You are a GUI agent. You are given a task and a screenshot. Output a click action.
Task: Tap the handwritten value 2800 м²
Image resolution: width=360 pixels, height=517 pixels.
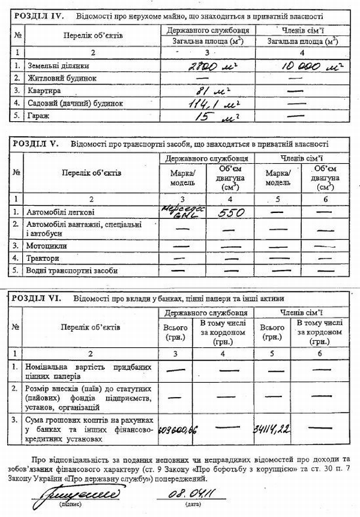(x=204, y=66)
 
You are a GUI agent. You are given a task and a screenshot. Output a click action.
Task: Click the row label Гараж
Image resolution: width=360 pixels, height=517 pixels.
(x=36, y=115)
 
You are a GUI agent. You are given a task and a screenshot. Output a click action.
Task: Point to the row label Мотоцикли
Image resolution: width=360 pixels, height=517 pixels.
(x=47, y=246)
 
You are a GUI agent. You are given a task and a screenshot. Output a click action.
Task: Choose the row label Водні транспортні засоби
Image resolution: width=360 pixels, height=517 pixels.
(x=72, y=270)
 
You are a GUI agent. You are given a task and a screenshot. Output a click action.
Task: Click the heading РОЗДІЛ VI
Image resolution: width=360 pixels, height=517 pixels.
(x=37, y=298)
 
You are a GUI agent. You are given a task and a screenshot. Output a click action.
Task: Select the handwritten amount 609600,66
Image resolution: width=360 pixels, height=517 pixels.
(x=178, y=429)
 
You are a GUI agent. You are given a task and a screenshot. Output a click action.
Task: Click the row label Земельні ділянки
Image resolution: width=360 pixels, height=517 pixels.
(x=57, y=67)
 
